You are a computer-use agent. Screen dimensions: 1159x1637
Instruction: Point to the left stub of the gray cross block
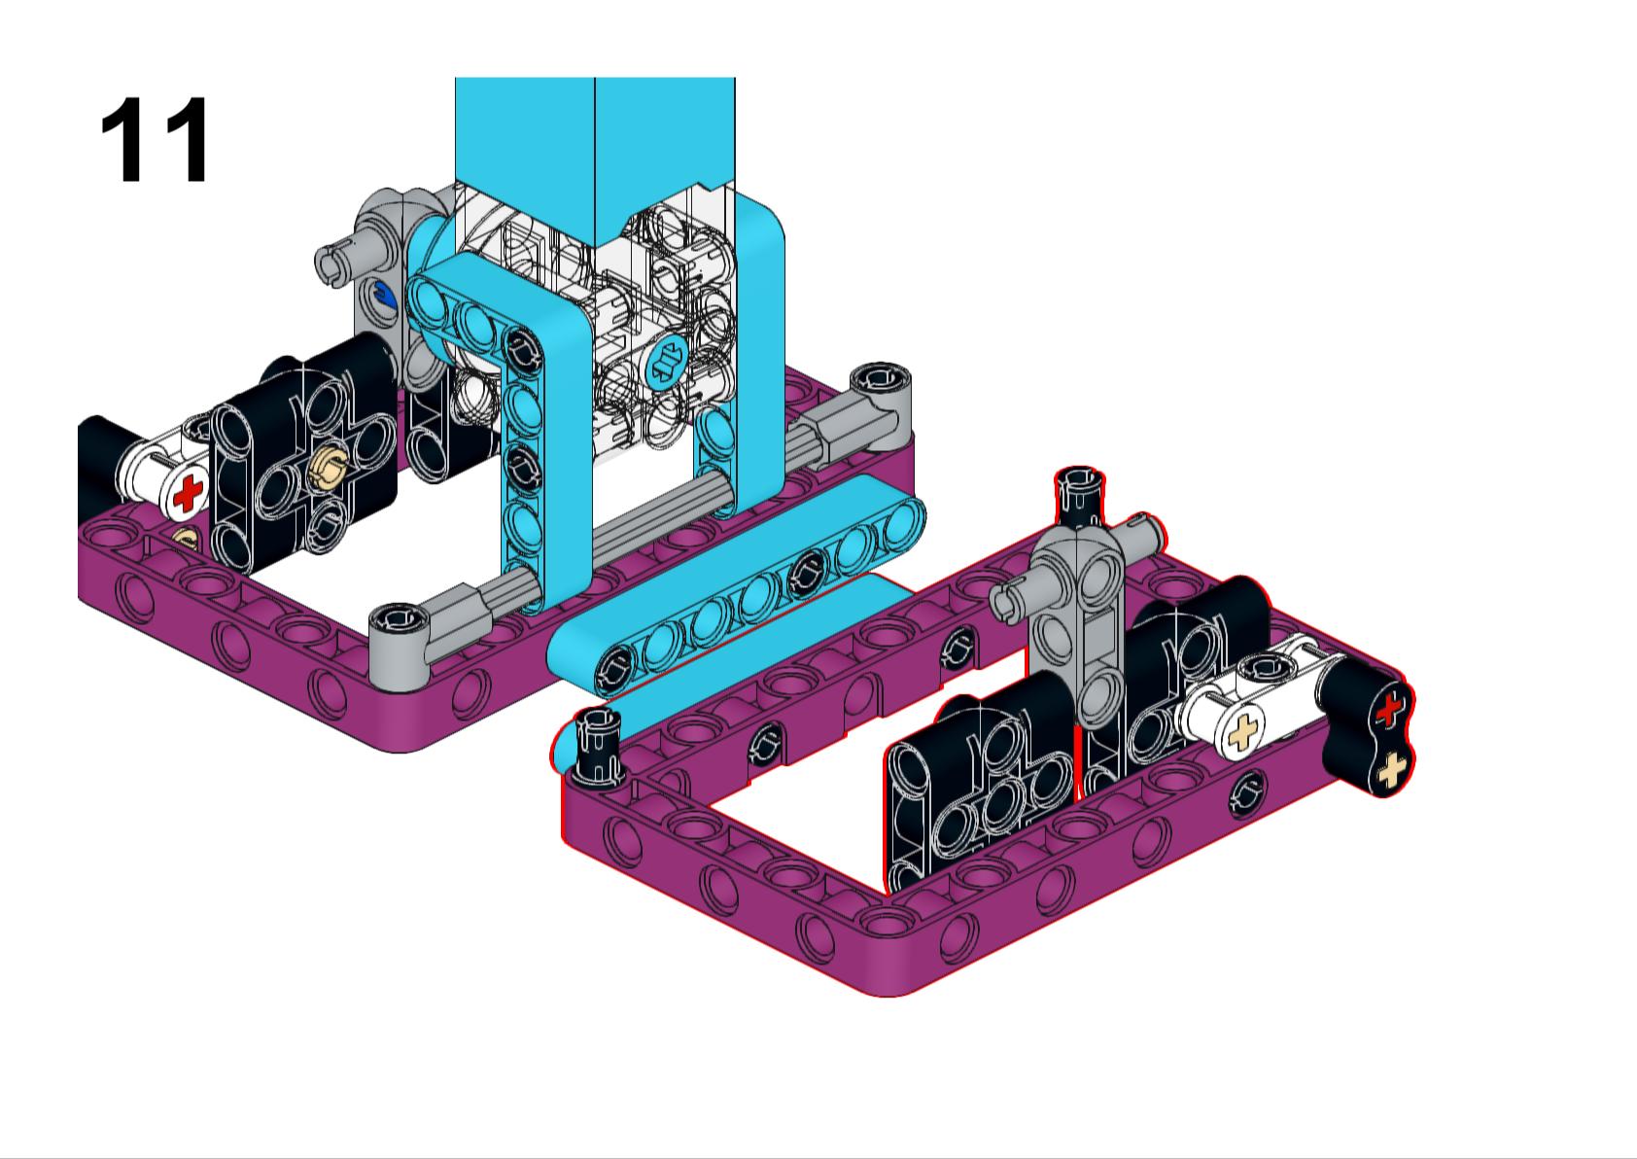pos(1013,600)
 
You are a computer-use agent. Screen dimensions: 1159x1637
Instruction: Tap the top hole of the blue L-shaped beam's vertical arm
pos(521,347)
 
